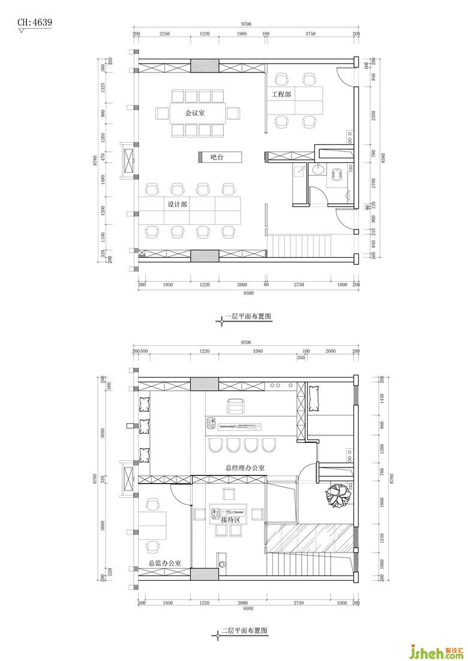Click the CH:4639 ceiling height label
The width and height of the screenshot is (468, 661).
35,22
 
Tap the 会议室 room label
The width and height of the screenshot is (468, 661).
196,113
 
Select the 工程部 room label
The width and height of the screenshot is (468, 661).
281,95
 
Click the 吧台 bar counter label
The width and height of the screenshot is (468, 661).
217,157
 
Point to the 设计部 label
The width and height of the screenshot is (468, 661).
177,204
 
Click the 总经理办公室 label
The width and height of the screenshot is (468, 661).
245,467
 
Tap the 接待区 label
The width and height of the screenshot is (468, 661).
230,520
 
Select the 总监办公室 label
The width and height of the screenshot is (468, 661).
165,563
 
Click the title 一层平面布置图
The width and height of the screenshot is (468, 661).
248,316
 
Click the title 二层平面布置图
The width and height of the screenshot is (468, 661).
245,631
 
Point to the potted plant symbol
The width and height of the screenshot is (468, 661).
338,496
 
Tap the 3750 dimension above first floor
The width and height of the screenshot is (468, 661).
310,34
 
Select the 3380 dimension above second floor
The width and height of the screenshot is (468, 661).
257,351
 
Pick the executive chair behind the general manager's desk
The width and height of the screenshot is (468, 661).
235,406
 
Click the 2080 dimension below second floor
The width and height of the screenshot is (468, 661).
242,603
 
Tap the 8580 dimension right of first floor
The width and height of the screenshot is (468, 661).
383,157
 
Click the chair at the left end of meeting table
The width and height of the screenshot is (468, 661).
163,113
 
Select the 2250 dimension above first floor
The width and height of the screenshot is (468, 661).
164,34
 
